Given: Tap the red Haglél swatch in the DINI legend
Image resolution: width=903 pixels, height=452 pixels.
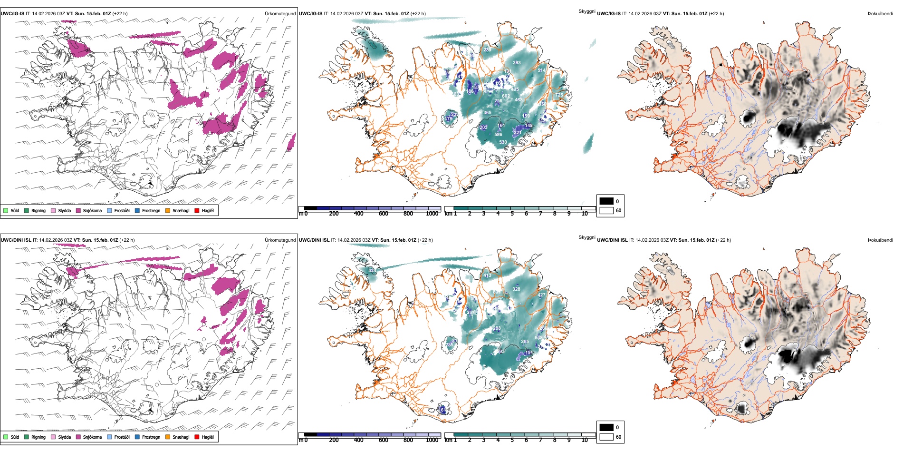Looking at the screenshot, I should click(197, 437).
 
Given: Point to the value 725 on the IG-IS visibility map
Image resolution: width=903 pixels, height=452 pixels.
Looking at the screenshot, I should click(559, 95).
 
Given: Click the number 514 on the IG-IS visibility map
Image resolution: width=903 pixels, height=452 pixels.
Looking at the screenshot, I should click(541, 70).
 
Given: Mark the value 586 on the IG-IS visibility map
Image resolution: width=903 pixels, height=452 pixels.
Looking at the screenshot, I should click(498, 135).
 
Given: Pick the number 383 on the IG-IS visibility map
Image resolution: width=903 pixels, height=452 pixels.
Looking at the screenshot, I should click(517, 63).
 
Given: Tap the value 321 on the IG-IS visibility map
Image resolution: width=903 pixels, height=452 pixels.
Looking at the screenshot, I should click(518, 133).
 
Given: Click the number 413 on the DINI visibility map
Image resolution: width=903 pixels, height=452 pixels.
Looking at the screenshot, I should click(487, 276).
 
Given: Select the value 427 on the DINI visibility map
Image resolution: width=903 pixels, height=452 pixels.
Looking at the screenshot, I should click(541, 295).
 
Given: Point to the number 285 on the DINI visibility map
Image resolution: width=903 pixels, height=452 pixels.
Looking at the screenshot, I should click(449, 345).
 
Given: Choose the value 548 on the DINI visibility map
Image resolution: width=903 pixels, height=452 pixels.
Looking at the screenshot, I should click(538, 338).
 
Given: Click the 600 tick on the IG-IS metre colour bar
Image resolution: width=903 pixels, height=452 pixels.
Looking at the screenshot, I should click(384, 214).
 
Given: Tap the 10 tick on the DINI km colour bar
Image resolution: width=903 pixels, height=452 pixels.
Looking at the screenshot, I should click(585, 440).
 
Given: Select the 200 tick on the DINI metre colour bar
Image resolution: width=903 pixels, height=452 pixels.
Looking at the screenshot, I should click(334, 440).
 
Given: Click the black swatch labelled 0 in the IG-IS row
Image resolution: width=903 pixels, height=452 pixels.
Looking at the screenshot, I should click(606, 201).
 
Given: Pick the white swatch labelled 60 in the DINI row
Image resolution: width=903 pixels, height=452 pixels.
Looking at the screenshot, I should click(606, 437).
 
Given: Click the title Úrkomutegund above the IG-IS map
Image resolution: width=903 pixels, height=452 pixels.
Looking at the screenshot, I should click(280, 14).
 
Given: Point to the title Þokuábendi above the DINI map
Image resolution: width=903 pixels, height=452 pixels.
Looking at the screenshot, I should click(880, 240).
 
